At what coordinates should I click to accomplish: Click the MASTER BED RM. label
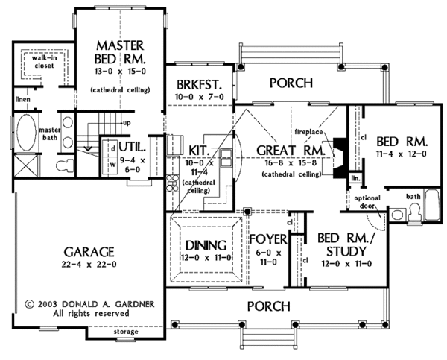[x=118, y=51]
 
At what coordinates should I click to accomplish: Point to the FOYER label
[x=268, y=241]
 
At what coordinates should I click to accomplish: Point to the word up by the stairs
[x=127, y=122]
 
